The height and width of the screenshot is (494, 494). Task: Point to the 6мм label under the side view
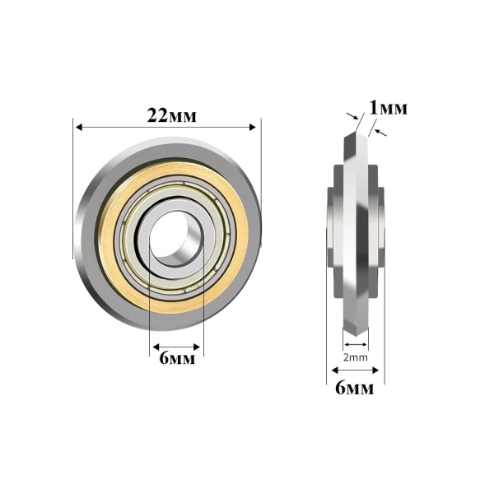point(355,388)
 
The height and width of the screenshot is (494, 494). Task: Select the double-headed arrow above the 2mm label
point(356,343)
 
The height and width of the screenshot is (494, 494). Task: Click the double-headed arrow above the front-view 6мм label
point(175,346)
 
